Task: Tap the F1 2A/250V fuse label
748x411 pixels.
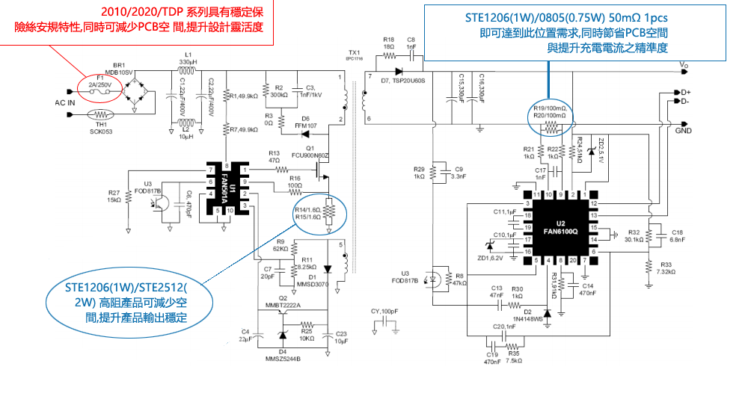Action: tap(99, 81)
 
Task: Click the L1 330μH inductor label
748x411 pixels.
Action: tap(188, 59)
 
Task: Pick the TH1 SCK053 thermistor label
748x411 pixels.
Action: tap(99, 128)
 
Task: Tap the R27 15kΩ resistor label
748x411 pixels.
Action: tap(114, 197)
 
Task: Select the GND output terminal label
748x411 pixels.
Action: tap(683, 130)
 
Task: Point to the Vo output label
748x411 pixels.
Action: tap(684, 66)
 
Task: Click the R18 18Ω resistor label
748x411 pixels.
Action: tap(388, 43)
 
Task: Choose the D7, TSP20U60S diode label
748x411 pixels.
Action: tap(403, 79)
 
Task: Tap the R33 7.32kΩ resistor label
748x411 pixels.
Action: tap(666, 268)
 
